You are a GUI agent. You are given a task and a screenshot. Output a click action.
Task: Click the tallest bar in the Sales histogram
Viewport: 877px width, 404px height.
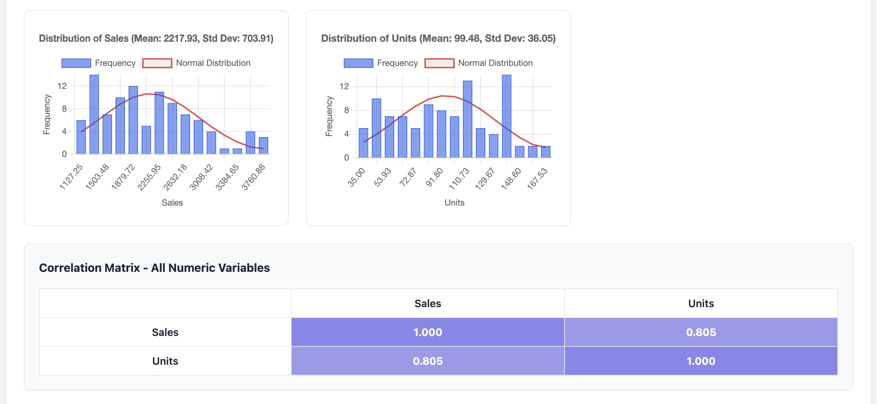click(x=94, y=115)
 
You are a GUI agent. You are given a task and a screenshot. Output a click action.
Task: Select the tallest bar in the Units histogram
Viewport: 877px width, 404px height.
click(x=506, y=116)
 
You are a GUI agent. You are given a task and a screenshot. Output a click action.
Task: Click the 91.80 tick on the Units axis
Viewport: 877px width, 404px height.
click(x=435, y=177)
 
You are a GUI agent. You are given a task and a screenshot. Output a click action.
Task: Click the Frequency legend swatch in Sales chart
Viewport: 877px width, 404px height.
click(x=76, y=63)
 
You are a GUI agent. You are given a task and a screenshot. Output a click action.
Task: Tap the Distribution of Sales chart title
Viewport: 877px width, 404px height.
click(x=156, y=38)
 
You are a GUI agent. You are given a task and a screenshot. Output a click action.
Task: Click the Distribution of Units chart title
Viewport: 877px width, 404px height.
click(x=438, y=38)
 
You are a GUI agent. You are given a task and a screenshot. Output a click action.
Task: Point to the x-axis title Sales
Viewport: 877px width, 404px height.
click(x=172, y=203)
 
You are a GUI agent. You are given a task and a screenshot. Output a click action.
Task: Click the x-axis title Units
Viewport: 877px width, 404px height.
click(x=454, y=203)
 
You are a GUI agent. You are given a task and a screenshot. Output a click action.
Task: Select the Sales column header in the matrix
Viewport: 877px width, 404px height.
click(x=428, y=303)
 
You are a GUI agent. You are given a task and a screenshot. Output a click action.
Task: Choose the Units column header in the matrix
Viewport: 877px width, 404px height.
click(x=701, y=303)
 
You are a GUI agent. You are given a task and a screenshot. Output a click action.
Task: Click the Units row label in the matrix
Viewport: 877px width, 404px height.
click(x=165, y=361)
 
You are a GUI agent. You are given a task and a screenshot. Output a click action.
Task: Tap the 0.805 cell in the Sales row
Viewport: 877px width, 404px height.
click(x=701, y=332)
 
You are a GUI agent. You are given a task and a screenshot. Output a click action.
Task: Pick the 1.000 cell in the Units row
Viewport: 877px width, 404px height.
click(x=701, y=361)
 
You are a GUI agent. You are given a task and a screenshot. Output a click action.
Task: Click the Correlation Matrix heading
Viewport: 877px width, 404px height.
click(x=154, y=268)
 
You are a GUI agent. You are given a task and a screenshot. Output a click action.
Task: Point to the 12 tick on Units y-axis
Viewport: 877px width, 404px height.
click(x=344, y=86)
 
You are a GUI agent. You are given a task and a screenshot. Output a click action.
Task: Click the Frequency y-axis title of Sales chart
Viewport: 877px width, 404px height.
click(x=47, y=115)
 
